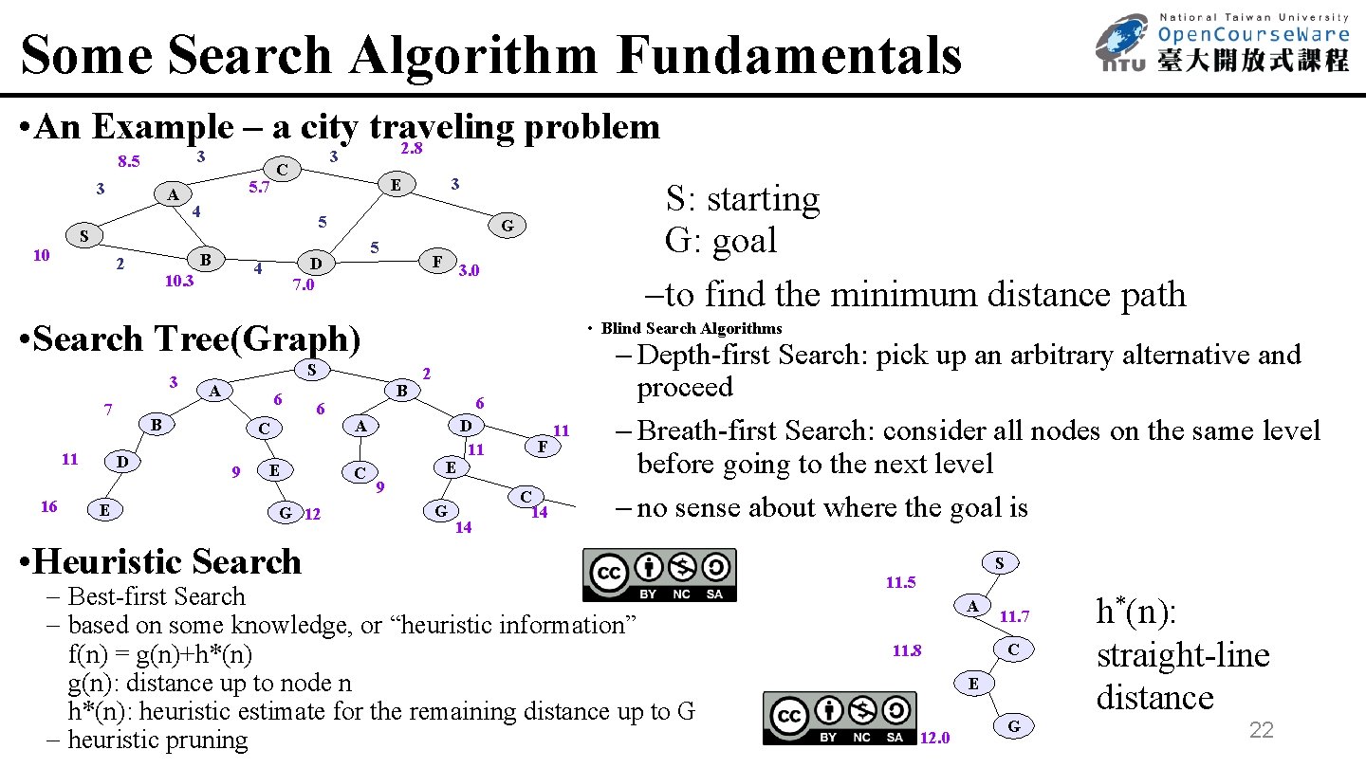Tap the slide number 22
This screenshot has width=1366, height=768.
1261,729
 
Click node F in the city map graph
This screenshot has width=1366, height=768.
436,260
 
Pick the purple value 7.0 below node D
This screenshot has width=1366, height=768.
303,284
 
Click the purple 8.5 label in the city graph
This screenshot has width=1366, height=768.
128,161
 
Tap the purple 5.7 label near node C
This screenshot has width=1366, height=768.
259,188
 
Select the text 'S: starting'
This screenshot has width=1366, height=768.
742,199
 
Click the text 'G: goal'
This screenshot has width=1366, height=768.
721,240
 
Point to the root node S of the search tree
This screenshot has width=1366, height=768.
312,369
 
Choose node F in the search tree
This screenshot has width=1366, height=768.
542,446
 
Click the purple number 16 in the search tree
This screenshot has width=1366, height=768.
48,506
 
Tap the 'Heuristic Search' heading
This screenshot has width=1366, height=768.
166,561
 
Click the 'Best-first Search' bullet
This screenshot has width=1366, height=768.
157,596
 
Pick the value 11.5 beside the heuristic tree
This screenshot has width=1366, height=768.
900,582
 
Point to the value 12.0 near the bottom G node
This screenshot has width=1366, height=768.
935,739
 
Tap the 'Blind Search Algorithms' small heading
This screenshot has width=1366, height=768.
692,328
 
